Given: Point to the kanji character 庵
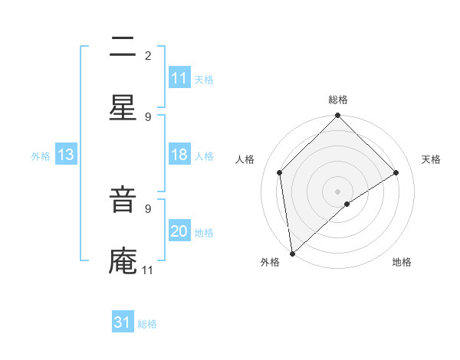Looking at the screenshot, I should tap(123, 262).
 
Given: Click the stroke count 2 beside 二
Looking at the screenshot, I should tap(148, 55).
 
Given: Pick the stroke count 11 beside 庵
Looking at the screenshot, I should tap(148, 270).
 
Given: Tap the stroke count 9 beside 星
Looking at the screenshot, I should tap(148, 116).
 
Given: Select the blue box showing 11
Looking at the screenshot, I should tap(179, 78).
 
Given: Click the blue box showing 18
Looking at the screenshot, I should tap(179, 155).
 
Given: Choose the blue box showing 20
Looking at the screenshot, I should tap(179, 231).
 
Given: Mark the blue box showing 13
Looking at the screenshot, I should tap(66, 155).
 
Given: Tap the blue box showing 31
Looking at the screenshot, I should tap(123, 322).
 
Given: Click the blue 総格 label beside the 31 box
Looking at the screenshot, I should tap(147, 324).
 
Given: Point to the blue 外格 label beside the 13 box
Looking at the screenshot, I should tap(41, 155).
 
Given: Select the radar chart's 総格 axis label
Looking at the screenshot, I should tap(338, 100).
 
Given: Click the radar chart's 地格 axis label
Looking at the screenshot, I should tap(402, 263).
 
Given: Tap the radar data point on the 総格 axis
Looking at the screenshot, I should tap(338, 116).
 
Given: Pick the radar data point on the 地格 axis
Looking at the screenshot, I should tap(347, 204).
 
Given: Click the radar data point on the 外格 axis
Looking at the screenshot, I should tap(292, 254).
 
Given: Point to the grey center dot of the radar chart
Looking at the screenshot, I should tap(338, 191).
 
